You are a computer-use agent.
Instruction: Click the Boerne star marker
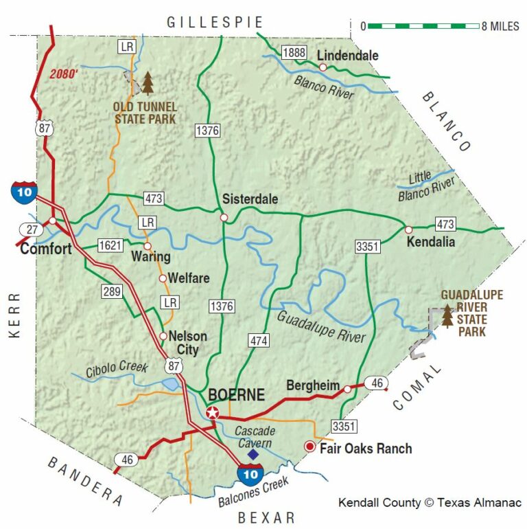pyautogui.click(x=213, y=413)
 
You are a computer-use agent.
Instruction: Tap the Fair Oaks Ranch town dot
pyautogui.click(x=309, y=447)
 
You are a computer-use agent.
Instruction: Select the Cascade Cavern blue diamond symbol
pyautogui.click(x=253, y=454)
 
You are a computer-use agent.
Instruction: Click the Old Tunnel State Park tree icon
pyautogui.click(x=148, y=83)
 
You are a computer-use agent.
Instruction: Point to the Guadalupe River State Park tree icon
pyautogui.click(x=448, y=316)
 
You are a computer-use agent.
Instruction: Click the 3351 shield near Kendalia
pyautogui.click(x=368, y=247)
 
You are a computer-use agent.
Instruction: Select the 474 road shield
pyautogui.click(x=259, y=340)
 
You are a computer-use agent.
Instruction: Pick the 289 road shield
pyautogui.click(x=113, y=292)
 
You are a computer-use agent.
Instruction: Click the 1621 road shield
pyautogui.click(x=110, y=245)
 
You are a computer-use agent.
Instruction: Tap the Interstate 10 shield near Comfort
pyautogui.click(x=24, y=192)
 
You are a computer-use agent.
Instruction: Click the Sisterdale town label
pyautogui.click(x=250, y=199)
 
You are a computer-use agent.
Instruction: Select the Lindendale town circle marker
pyautogui.click(x=323, y=67)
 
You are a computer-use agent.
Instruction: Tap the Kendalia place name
pyautogui.click(x=430, y=243)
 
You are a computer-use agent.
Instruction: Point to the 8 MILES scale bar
pyautogui.click(x=423, y=26)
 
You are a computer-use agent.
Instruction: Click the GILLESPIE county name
pyautogui.click(x=206, y=23)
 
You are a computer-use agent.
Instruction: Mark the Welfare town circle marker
pyautogui.click(x=163, y=279)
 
